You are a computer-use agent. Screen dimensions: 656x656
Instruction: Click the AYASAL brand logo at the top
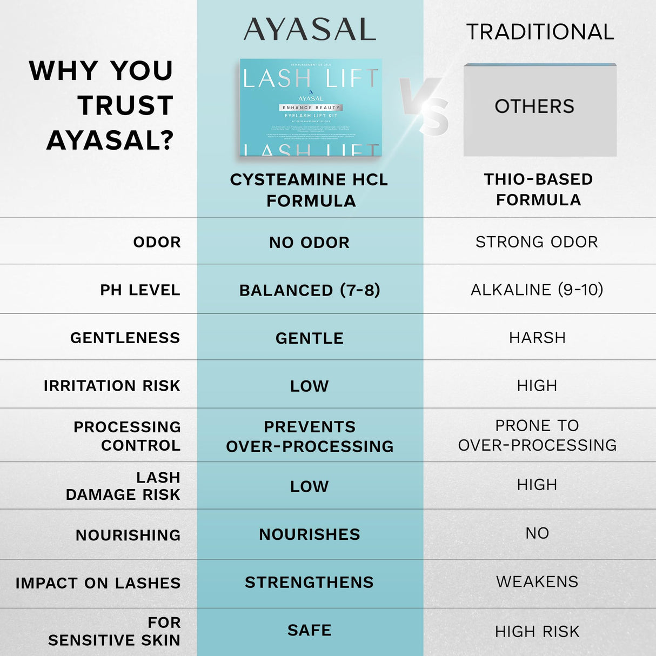310,30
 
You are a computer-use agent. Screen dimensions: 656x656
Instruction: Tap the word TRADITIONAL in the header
540,32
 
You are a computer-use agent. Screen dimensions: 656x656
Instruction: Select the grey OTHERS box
540,110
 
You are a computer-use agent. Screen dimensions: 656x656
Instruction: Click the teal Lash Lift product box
311,108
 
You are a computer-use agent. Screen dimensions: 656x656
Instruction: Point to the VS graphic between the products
425,106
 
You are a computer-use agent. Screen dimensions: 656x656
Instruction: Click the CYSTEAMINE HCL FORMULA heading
310,190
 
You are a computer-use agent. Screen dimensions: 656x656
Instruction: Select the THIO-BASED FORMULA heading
538,189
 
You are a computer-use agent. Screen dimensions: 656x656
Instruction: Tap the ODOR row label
157,242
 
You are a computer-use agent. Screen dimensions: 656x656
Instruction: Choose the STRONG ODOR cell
537,242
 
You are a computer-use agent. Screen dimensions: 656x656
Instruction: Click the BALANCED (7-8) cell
310,290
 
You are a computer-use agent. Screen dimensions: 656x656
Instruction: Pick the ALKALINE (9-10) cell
537,290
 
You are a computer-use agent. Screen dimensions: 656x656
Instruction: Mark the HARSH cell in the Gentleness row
537,338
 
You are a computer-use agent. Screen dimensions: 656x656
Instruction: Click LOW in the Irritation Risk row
309,386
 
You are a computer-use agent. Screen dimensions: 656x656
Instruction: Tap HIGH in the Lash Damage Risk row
537,485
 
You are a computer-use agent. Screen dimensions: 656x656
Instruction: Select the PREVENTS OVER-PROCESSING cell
310,436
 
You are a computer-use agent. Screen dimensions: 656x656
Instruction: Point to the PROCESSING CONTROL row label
128,436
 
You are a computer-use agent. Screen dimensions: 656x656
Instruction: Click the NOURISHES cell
309,534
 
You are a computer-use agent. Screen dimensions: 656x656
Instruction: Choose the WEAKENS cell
537,582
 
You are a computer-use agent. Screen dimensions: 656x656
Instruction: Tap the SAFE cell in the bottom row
309,630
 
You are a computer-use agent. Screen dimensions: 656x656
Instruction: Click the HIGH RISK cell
537,631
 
